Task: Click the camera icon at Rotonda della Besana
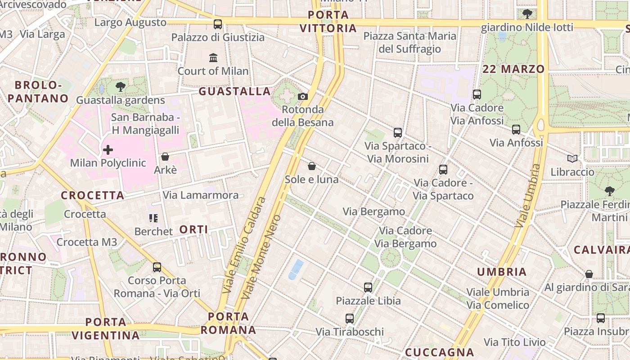coord(303,96)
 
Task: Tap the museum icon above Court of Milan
coord(213,58)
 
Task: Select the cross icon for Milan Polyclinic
coord(108,150)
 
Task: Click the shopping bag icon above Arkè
coord(165,157)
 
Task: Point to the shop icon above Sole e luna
coord(312,166)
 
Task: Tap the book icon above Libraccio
coord(572,159)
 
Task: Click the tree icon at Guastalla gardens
coord(120,86)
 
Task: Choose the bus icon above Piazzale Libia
coord(368,287)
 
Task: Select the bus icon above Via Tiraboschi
coord(350,319)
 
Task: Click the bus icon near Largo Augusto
coord(218,24)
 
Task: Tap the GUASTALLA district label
coord(234,92)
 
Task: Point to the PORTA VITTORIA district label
coord(328,22)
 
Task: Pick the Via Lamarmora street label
coord(201,195)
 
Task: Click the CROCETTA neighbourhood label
coord(93,196)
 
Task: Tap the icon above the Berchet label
coord(153,218)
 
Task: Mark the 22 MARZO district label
coord(513,69)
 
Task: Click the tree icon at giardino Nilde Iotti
coord(527,14)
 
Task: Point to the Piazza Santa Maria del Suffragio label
coord(410,42)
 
